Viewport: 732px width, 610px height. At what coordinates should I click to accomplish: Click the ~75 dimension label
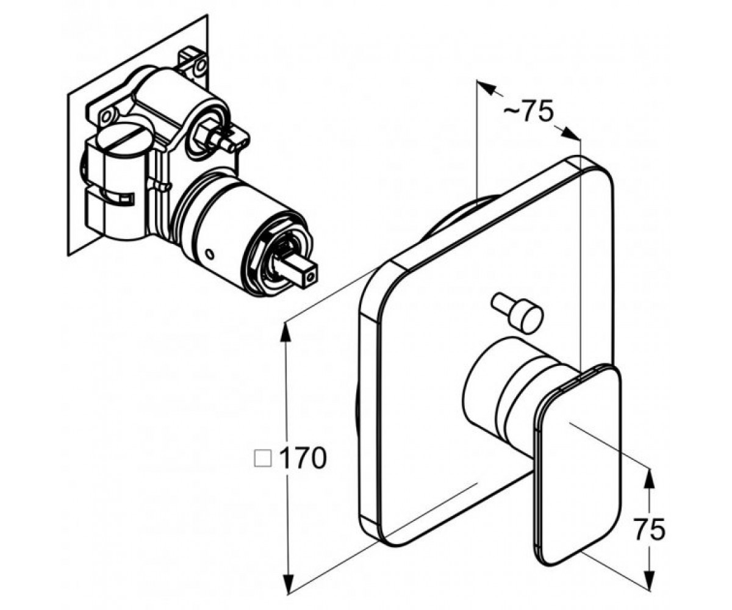coord(529,112)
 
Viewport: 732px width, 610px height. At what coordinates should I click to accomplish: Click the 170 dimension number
coord(304,458)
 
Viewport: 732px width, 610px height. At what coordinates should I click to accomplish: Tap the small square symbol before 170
coord(263,459)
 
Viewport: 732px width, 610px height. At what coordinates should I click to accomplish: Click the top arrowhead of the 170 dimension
coord(287,331)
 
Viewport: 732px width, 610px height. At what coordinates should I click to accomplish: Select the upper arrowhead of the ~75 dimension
coord(487,87)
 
